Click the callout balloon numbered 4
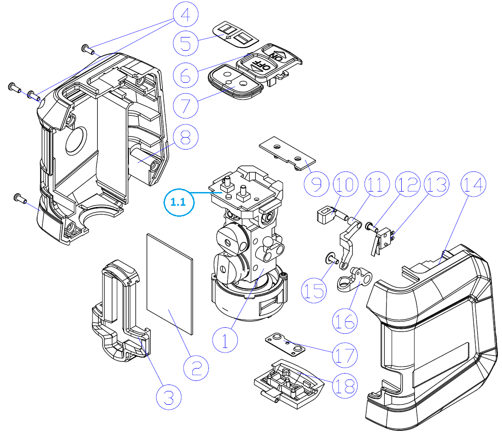pyautogui.click(x=186, y=15)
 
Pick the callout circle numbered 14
pyautogui.click(x=474, y=184)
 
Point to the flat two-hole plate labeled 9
pyautogui.click(x=287, y=153)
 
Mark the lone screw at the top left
pyautogui.click(x=87, y=49)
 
